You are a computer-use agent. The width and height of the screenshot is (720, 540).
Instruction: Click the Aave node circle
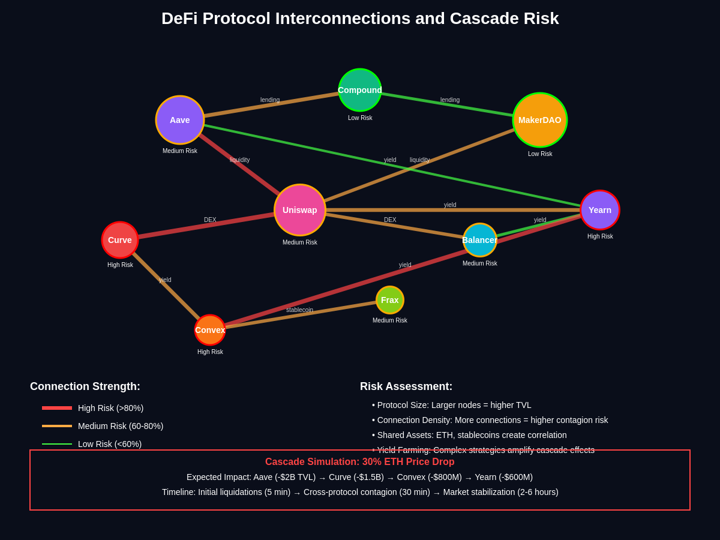pos(180,120)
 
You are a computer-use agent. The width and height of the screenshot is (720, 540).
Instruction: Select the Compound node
pos(360,90)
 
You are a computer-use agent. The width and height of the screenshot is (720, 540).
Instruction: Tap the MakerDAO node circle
pos(540,120)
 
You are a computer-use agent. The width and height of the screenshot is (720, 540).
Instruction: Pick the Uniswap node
pos(300,210)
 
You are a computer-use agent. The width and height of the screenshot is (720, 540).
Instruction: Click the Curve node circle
pos(120,240)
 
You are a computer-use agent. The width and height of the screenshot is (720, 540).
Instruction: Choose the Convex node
pos(210,330)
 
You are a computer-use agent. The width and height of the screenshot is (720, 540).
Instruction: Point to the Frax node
pos(390,300)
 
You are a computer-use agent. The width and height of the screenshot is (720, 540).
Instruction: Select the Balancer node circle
pos(480,240)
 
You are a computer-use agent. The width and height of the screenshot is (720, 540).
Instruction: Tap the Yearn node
pos(600,210)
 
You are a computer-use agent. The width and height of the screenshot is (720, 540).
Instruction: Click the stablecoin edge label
pos(299,310)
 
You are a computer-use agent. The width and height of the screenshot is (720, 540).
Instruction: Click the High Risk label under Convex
pos(210,352)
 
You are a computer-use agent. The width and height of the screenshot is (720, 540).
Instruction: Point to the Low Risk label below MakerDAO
pos(540,154)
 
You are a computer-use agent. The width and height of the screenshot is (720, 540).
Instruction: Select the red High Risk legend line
pos(57,408)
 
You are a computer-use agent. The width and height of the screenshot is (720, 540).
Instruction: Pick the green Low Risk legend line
pos(57,444)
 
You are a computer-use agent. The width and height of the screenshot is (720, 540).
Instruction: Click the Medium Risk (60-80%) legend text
pos(121,426)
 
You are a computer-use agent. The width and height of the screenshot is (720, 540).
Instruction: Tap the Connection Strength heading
pos(85,386)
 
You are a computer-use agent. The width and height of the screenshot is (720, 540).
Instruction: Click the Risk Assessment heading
pos(406,386)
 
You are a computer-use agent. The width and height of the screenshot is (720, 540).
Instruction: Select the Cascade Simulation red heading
pos(360,462)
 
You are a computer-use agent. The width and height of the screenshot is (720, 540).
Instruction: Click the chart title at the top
pos(360,19)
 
